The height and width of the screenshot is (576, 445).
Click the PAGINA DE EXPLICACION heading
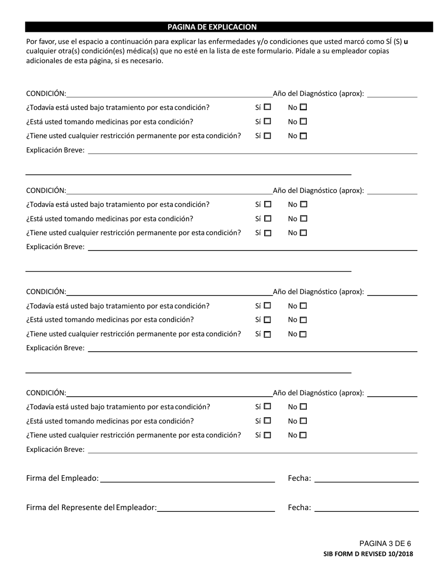click(212, 27)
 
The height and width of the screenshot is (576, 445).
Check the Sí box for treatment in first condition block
click(267, 107)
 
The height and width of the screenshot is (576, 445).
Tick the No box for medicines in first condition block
click(304, 122)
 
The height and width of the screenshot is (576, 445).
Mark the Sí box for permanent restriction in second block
click(267, 233)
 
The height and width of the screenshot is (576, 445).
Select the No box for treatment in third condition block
click(304, 306)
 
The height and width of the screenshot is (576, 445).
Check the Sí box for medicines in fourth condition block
click(267, 421)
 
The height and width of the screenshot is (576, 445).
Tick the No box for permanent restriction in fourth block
click(304, 435)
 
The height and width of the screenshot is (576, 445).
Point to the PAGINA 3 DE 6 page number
click(385, 544)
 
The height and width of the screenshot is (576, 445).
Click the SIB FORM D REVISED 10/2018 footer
click(368, 554)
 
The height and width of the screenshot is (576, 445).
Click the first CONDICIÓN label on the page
click(46, 94)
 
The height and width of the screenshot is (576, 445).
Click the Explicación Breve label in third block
click(55, 348)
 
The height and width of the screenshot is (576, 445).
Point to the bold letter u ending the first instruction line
click(406, 41)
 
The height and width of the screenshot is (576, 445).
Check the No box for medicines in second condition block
click(304, 219)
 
